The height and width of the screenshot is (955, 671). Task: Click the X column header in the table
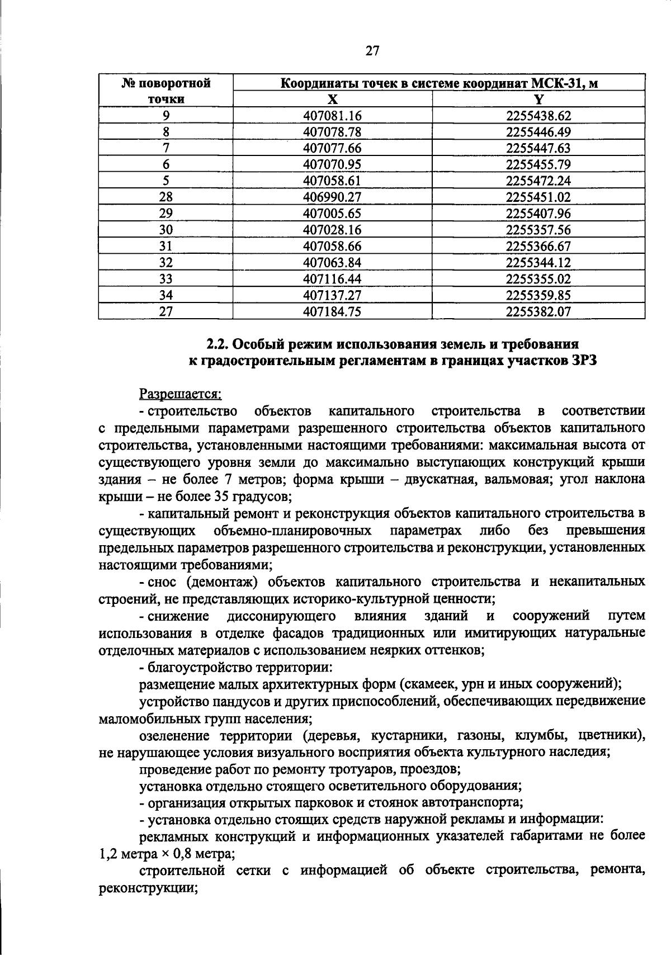click(332, 100)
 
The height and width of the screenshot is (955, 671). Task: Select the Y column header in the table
click(538, 100)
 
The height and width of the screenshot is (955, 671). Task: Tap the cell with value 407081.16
click(332, 116)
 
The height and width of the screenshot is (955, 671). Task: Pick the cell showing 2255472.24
click(538, 181)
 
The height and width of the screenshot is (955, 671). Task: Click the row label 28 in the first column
click(166, 197)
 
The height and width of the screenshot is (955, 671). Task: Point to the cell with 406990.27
click(332, 197)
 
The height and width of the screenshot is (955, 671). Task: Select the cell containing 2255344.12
click(538, 262)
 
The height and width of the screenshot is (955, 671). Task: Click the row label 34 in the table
click(166, 295)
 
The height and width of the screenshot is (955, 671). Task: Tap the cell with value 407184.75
click(332, 311)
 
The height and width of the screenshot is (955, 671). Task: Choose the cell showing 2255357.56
click(538, 230)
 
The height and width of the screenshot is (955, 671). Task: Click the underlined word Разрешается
click(180, 394)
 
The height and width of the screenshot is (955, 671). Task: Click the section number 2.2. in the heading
click(217, 343)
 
